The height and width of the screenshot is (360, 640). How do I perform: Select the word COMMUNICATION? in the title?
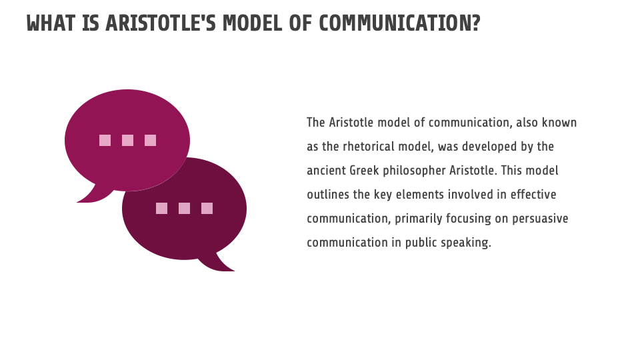[x=399, y=23]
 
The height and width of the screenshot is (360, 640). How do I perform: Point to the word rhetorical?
[x=368, y=147]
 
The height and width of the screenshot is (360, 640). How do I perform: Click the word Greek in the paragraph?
[x=363, y=171]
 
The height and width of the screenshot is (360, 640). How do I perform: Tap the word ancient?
[x=325, y=171]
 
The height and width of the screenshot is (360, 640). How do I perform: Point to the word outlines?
[x=327, y=195]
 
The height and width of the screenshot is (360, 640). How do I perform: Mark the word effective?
[x=534, y=195]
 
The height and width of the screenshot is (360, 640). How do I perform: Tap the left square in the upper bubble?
[x=105, y=140]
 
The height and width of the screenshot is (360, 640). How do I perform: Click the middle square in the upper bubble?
[x=127, y=140]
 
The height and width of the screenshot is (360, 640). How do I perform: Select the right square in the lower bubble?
[x=207, y=208]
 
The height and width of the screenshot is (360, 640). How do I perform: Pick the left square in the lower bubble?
[x=161, y=208]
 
